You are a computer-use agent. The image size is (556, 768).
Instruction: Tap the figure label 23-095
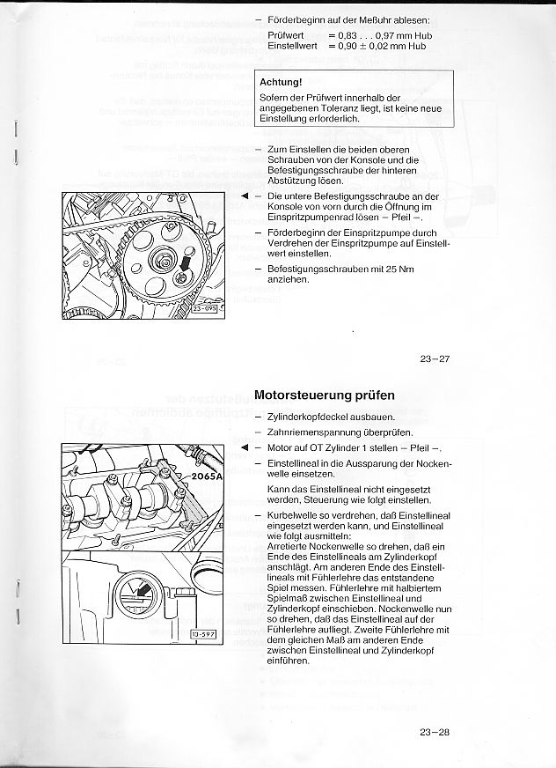point(207,308)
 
